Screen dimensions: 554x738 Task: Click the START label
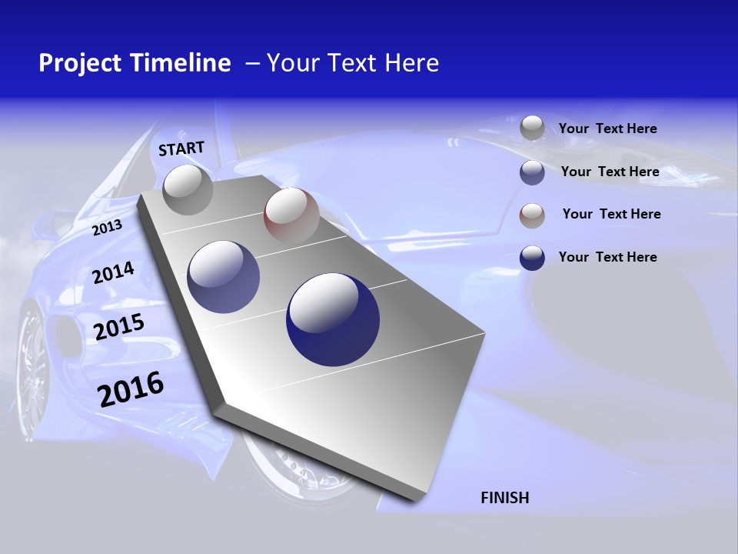point(181,148)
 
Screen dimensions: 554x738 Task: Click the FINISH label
point(504,498)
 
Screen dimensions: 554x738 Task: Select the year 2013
point(107,227)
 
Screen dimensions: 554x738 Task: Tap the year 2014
point(113,273)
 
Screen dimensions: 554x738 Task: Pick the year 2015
point(118,327)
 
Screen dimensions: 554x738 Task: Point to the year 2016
point(131,389)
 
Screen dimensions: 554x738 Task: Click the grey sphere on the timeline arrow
point(188,189)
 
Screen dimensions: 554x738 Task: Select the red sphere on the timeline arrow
point(291,215)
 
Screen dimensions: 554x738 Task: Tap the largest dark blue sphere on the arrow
point(333,319)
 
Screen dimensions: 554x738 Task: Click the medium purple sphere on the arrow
point(224,277)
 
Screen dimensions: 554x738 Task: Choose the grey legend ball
point(532,128)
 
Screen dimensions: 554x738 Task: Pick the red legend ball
point(532,215)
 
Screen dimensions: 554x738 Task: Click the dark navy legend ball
point(532,258)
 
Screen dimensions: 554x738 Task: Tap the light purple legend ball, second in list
point(532,172)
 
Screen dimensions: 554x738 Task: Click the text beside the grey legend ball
point(607,128)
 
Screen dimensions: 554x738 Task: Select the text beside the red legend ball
point(611,214)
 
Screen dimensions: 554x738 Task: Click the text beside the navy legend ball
point(607,257)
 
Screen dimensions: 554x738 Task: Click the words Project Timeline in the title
point(135,63)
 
